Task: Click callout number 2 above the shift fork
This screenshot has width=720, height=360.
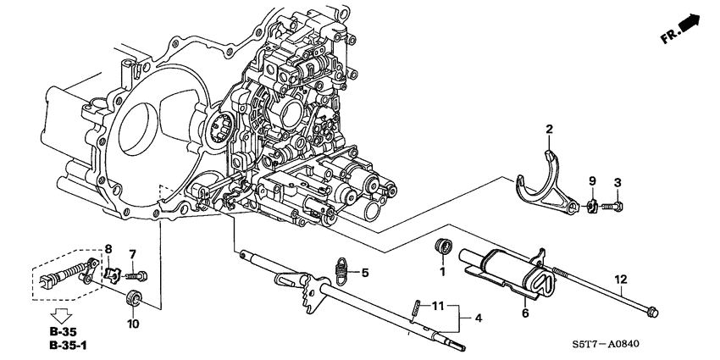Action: (x=549, y=129)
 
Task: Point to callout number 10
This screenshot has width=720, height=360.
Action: (x=132, y=323)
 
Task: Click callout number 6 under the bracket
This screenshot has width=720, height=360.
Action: (x=524, y=313)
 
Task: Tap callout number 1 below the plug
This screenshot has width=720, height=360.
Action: (x=441, y=272)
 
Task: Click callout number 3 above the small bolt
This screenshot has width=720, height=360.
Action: (x=618, y=182)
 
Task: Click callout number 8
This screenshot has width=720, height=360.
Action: (x=108, y=248)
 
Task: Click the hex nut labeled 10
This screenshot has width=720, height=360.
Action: (x=132, y=298)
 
